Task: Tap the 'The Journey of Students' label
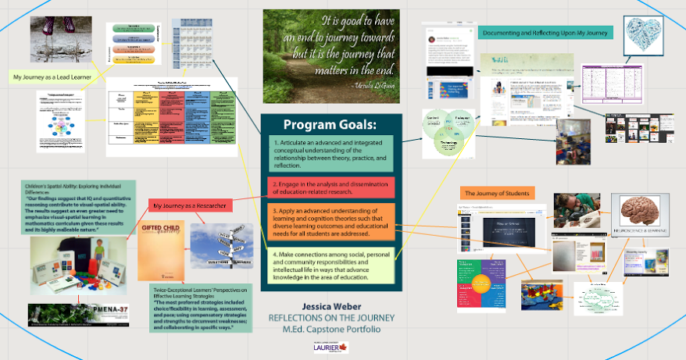498,193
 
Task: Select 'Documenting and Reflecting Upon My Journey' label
545,33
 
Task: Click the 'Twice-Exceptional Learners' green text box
202,308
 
